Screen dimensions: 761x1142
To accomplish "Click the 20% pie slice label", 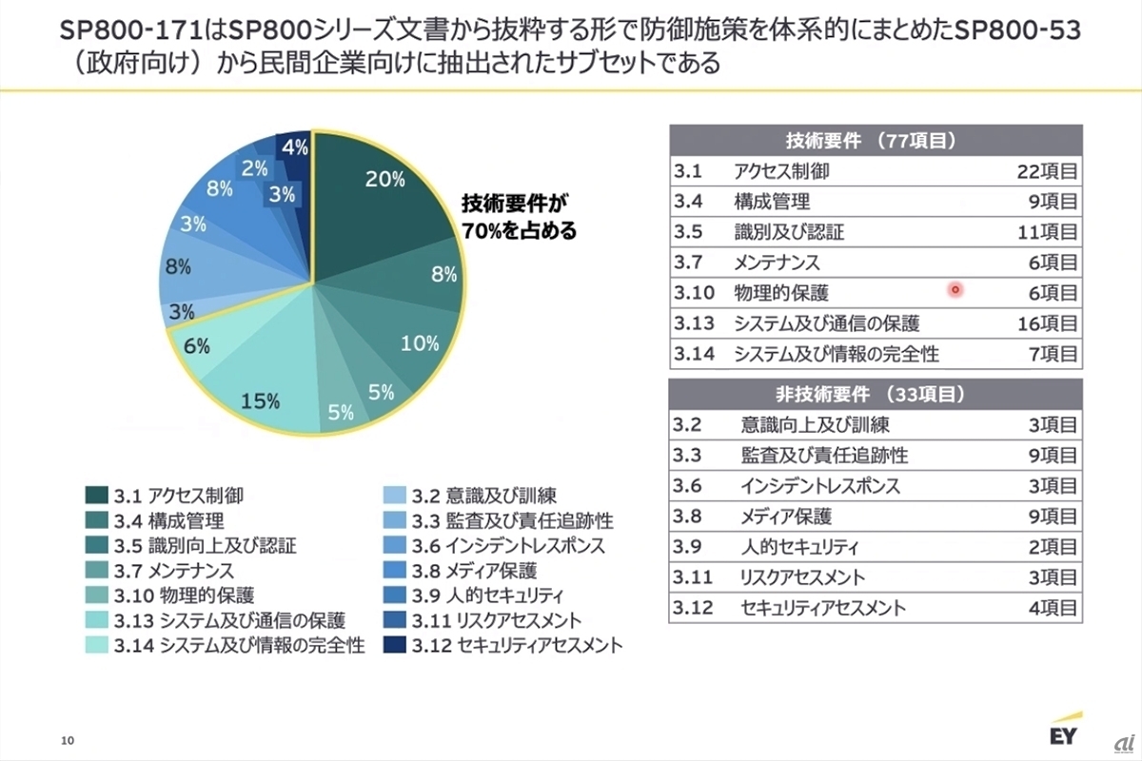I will click(385, 179).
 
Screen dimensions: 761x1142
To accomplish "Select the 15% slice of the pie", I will click(260, 400).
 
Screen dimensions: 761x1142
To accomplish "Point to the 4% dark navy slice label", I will click(294, 147).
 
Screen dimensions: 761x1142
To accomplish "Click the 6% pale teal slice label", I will click(197, 347).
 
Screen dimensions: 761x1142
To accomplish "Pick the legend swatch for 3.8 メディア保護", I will click(394, 571).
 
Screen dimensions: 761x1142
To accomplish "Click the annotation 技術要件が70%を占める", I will click(519, 216).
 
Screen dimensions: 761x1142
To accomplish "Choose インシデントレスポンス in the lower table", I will click(819, 486).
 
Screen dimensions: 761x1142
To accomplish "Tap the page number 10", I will click(67, 740).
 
